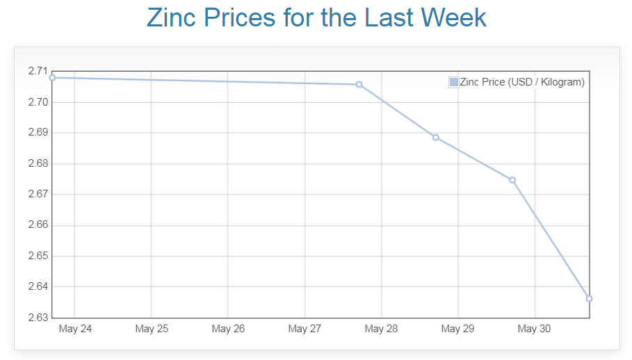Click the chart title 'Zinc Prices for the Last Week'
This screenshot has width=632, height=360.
pyautogui.click(x=316, y=18)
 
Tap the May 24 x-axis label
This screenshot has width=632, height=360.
pyautogui.click(x=75, y=329)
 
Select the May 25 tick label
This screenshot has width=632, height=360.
pyautogui.click(x=152, y=329)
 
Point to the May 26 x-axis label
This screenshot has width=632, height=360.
pyautogui.click(x=228, y=329)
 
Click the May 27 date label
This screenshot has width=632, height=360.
pyautogui.click(x=305, y=329)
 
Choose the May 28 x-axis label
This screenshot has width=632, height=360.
pyautogui.click(x=381, y=329)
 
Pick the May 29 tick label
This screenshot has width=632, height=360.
pyautogui.click(x=457, y=329)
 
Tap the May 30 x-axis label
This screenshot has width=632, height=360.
pyautogui.click(x=534, y=329)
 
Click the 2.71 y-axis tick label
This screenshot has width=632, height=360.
pyautogui.click(x=38, y=71)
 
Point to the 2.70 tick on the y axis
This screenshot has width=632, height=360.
pyautogui.click(x=38, y=102)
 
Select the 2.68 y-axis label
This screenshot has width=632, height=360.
pyautogui.click(x=38, y=163)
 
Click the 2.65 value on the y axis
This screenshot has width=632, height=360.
pyautogui.click(x=38, y=256)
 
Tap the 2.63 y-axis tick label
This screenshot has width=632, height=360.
pyautogui.click(x=38, y=318)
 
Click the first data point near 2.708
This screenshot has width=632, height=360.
pyautogui.click(x=52, y=77)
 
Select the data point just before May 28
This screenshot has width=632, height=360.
pyautogui.click(x=359, y=84)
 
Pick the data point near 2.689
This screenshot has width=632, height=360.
pyautogui.click(x=436, y=138)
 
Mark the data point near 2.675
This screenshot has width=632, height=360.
pyautogui.click(x=512, y=180)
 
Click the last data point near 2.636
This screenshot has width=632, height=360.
pyautogui.click(x=589, y=299)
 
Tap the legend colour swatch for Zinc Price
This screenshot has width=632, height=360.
pyautogui.click(x=454, y=82)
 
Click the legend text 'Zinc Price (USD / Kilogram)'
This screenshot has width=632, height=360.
pyautogui.click(x=522, y=82)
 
